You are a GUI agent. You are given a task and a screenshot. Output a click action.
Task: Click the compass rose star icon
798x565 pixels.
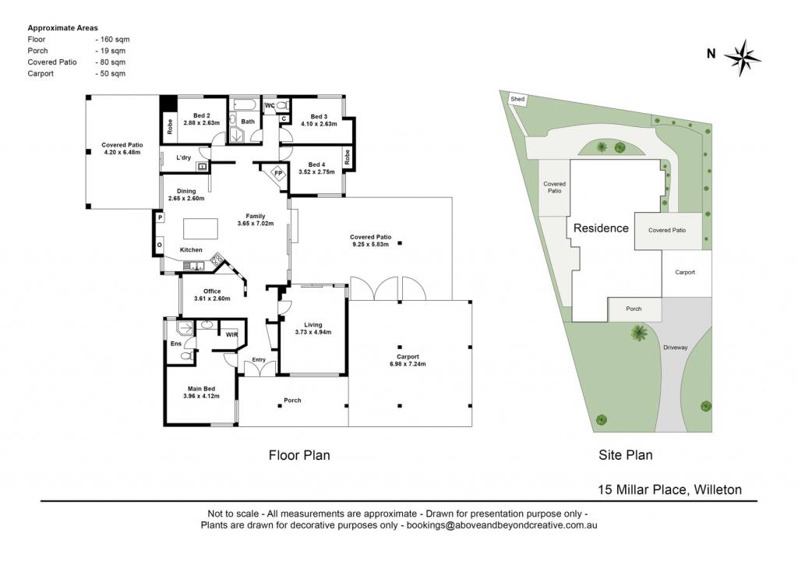[743, 58]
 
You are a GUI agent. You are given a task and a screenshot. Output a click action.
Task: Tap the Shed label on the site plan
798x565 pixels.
[517, 99]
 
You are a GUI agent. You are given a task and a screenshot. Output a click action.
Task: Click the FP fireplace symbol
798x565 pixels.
[278, 173]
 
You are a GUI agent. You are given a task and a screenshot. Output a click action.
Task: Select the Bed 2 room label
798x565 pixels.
[202, 115]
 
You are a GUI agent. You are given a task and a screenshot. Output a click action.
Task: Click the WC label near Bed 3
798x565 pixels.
[270, 106]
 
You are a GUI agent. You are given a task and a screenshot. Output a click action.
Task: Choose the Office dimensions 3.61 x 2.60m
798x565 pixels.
[212, 298]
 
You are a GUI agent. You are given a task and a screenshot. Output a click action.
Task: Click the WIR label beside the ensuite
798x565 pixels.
[231, 335]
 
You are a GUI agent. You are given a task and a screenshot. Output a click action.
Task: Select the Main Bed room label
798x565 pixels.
[201, 389]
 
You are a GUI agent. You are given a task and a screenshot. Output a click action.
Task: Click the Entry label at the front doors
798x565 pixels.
[259, 360]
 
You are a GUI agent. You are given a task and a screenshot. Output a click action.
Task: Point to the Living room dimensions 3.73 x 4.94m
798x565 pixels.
[313, 333]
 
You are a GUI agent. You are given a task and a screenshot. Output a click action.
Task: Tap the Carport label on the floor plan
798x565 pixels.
[408, 357]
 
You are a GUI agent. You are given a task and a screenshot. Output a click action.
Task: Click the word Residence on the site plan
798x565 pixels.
[601, 228]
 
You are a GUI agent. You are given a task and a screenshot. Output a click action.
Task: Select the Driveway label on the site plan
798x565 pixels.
[676, 348]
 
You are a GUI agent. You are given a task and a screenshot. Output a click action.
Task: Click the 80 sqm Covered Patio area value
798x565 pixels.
[111, 62]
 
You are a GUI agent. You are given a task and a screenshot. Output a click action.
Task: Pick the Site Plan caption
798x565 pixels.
[626, 455]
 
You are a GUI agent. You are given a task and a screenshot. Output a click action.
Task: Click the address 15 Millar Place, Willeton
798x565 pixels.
[669, 489]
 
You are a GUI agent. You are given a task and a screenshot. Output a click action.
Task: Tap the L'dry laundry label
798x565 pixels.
[184, 157]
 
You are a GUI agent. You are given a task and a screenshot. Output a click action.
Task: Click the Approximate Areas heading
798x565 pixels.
[62, 28]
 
